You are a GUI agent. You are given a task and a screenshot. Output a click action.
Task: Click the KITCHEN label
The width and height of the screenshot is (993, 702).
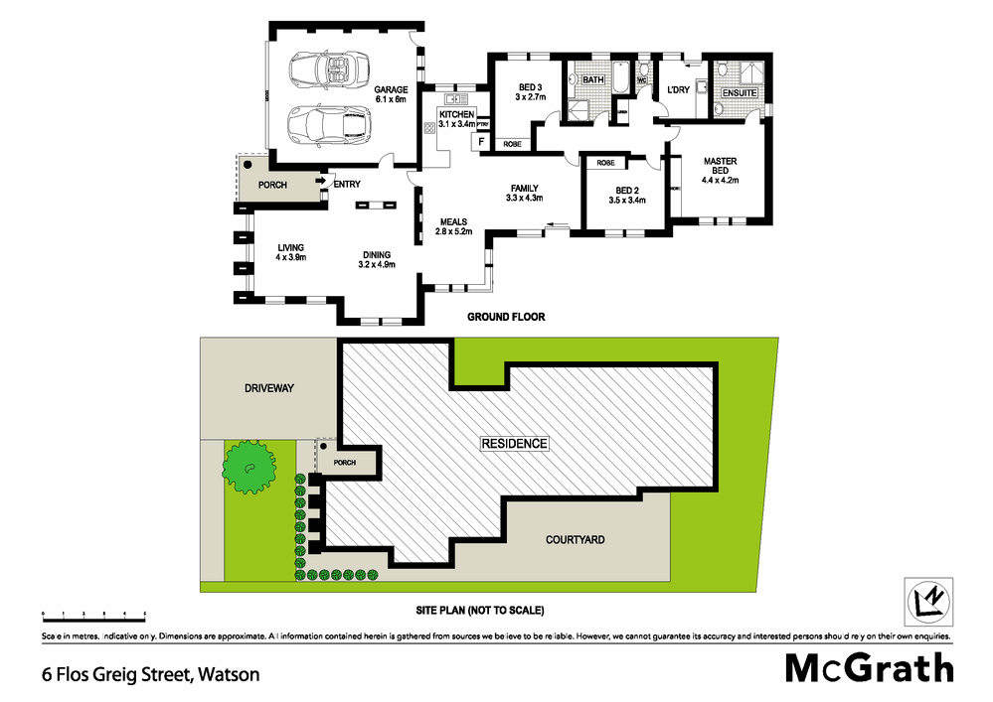point(457,116)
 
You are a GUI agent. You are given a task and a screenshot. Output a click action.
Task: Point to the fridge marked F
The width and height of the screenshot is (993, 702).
point(482,142)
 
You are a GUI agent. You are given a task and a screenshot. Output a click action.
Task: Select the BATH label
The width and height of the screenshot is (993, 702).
point(593,78)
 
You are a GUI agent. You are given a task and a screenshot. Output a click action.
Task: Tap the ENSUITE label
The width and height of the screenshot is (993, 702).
point(739,93)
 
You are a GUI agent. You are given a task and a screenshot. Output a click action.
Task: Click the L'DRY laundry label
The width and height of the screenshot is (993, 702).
point(678,90)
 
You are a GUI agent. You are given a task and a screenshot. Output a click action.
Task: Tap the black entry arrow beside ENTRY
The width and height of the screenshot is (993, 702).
point(322,183)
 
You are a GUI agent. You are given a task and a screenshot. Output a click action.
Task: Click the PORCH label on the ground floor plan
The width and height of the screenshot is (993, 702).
point(273,185)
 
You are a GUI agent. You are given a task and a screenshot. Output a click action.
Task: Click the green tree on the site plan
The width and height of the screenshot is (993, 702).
point(248,464)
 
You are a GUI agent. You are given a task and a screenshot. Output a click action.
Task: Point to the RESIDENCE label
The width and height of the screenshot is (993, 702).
point(514,443)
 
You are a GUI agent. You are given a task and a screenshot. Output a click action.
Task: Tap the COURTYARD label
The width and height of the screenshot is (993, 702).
point(575,540)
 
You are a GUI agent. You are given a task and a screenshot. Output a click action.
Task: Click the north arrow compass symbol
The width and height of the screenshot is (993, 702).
point(927,600)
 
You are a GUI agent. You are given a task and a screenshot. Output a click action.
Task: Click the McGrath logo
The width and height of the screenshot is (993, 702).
point(869,667)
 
